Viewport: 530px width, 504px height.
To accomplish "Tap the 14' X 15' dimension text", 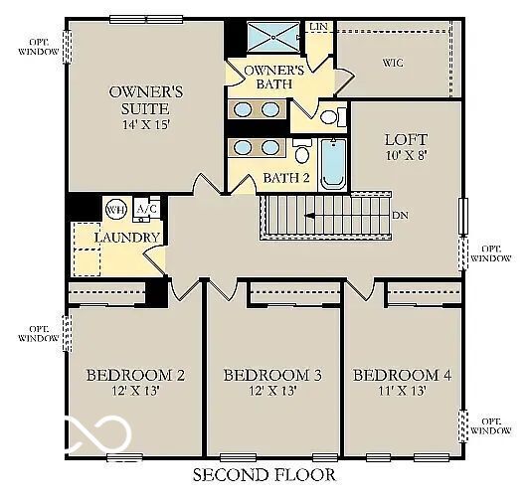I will tap(145, 126).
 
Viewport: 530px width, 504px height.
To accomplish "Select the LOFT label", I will tap(407, 140).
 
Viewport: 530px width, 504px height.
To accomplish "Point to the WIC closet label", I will tap(393, 63).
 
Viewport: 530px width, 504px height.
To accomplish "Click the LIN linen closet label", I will tap(319, 26).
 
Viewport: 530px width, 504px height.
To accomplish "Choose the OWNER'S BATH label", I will tap(274, 78).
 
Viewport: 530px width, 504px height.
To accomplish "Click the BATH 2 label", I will tap(286, 178).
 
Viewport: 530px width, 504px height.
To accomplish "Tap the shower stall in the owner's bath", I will tap(272, 38).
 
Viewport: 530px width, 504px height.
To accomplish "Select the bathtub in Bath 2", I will tap(332, 164).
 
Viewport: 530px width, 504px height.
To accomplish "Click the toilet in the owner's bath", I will tap(331, 116).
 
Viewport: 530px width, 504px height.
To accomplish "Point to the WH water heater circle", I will tap(116, 210).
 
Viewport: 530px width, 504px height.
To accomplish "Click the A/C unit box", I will tap(146, 209).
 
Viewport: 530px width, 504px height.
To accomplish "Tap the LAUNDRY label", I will tap(126, 238).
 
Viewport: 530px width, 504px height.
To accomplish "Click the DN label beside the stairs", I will tap(400, 215).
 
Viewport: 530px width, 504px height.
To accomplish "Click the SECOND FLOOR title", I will tap(264, 475).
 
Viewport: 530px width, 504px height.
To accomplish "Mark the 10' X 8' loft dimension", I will tap(407, 156).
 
